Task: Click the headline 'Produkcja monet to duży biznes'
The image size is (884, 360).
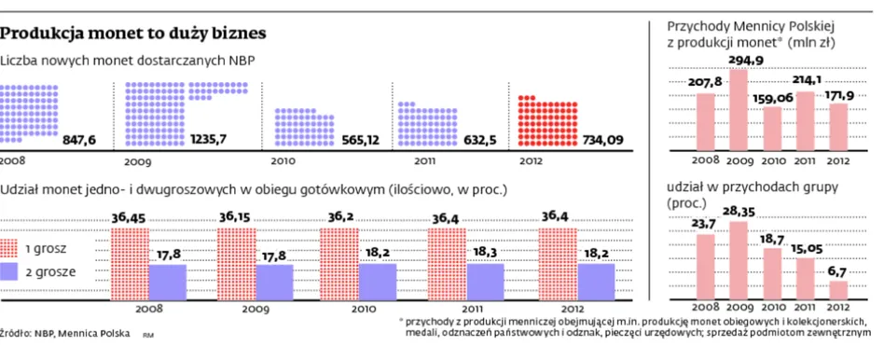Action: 133,34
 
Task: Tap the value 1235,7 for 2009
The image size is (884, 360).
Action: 208,139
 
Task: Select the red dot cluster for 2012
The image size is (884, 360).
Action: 547,120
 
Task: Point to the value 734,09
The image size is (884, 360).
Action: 603,139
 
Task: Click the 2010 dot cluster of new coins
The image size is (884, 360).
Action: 304,127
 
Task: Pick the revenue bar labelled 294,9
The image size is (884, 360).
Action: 739,110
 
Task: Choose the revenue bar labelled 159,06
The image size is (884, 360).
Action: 772,129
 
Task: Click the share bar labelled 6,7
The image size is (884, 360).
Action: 838,290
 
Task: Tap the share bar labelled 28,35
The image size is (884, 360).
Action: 739,260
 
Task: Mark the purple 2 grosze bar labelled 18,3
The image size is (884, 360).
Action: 486,282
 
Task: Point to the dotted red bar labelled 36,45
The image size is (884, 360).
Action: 130,264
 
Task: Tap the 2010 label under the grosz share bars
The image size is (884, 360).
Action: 364,310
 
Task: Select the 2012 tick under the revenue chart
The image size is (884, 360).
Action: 838,160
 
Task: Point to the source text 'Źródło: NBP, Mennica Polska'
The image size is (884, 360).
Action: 65,333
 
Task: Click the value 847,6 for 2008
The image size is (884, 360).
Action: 79,139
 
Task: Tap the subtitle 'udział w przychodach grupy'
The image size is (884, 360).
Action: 753,186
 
